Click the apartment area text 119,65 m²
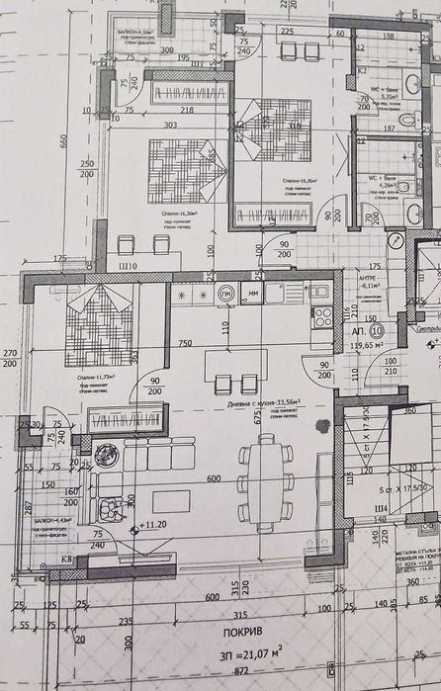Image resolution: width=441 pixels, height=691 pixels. pyautogui.click(x=367, y=347)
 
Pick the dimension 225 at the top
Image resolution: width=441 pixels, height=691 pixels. pyautogui.click(x=287, y=32)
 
